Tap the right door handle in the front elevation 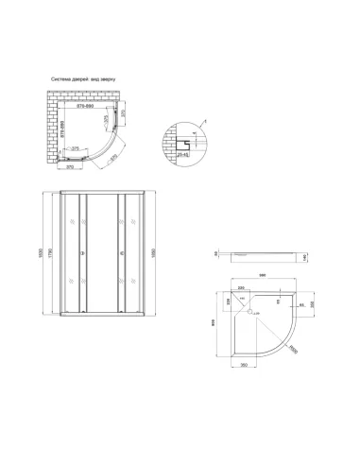pyautogui.click(x=121, y=253)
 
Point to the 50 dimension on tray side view pyautogui.click(x=216, y=253)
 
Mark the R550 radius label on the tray pyautogui.click(x=293, y=350)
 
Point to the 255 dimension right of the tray pyautogui.click(x=313, y=304)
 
